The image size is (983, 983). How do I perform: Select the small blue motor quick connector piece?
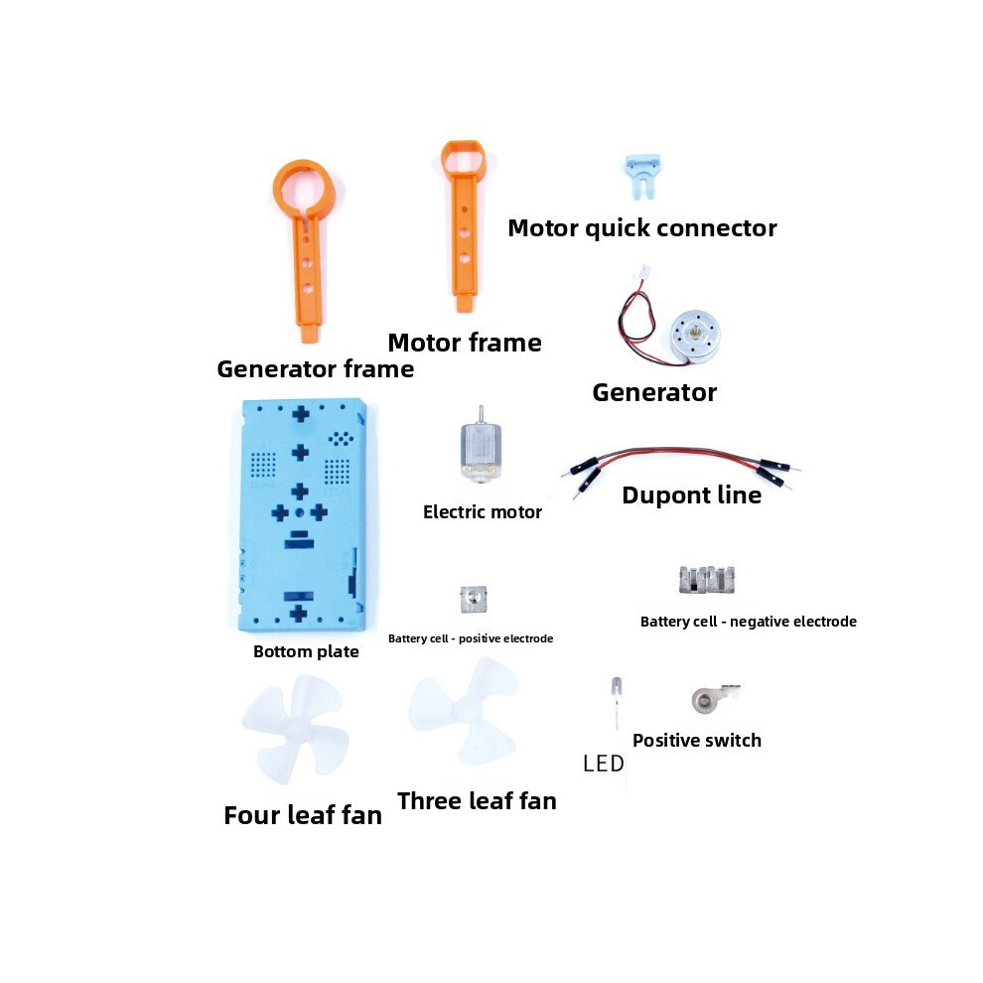(642, 176)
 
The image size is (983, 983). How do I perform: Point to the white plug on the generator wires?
(643, 273)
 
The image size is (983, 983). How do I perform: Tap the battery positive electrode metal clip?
(474, 600)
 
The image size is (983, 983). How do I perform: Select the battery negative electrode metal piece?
(707, 579)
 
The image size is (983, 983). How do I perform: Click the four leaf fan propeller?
(295, 729)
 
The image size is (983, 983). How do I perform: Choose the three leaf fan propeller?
(465, 711)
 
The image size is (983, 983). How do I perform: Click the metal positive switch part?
(715, 698)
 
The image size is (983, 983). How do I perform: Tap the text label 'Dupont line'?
(691, 495)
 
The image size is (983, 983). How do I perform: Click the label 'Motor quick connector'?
(642, 228)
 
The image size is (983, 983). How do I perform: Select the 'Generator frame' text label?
(316, 368)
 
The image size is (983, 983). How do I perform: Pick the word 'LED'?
(603, 764)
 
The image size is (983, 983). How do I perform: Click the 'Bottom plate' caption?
(306, 651)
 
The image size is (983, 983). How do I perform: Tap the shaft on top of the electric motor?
(481, 414)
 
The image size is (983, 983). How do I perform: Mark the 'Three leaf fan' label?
(477, 801)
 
